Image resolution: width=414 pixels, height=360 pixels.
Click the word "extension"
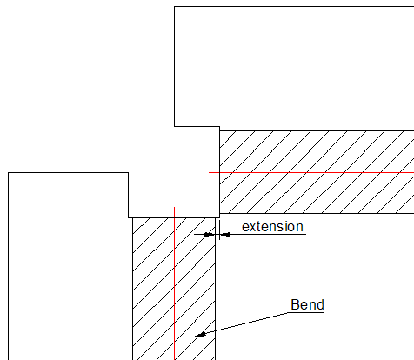(272, 227)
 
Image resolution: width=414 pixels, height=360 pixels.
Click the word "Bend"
(307, 304)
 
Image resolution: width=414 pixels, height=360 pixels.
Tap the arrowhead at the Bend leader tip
(201, 335)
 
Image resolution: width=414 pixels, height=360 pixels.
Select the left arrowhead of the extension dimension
(210, 234)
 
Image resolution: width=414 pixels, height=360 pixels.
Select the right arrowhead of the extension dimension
(225, 234)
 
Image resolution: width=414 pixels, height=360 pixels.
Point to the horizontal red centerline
(311, 172)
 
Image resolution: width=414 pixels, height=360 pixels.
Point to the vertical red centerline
(174, 283)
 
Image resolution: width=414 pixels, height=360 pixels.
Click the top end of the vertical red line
(174, 207)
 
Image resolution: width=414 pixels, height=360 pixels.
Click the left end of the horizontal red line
(209, 172)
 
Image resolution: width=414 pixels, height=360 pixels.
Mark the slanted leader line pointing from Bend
(243, 324)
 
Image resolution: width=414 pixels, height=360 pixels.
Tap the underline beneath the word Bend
(306, 312)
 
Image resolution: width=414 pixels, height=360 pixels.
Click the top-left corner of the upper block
(174, 6)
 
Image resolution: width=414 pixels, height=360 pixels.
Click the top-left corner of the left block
(9, 173)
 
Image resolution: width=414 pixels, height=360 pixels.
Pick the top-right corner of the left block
(129, 173)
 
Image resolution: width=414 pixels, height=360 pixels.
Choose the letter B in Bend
(295, 304)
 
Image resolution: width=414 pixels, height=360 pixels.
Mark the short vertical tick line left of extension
(219, 230)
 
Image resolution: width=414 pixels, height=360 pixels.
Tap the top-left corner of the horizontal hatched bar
(220, 130)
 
